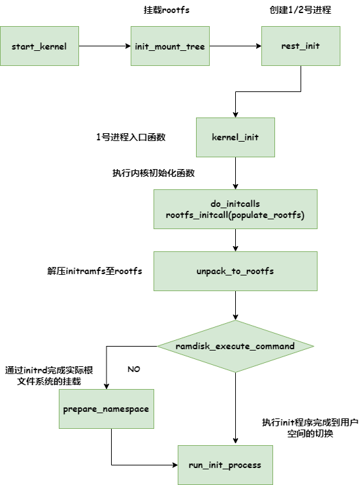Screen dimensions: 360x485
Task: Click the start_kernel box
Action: pos(40,46)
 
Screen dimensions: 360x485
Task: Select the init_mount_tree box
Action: pos(170,46)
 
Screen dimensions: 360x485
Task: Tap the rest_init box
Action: pos(301,46)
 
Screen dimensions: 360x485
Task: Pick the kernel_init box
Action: pos(235,137)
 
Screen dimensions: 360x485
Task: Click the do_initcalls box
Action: pos(235,209)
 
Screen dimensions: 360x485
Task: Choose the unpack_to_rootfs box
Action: pos(235,271)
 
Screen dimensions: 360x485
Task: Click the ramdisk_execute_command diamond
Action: pos(236,346)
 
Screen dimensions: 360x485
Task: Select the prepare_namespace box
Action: pos(106,409)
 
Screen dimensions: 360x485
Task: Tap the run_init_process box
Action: pos(225,465)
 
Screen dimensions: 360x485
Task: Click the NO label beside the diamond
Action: pos(134,369)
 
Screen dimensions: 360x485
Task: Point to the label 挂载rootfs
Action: pos(167,10)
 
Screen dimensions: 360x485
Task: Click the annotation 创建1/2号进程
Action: pos(301,10)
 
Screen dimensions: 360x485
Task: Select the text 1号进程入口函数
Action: pos(131,137)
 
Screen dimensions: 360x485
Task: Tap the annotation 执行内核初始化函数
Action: pos(154,173)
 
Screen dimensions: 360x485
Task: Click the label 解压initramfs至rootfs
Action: pos(95,271)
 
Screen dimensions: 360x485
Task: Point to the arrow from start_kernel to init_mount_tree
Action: pos(105,46)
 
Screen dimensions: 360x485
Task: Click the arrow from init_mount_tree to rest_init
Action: pos(236,46)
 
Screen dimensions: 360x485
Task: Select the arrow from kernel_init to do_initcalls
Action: pos(236,173)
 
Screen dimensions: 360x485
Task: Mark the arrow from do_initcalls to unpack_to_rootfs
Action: pos(236,240)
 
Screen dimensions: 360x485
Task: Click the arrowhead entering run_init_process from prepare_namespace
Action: pos(176,465)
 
